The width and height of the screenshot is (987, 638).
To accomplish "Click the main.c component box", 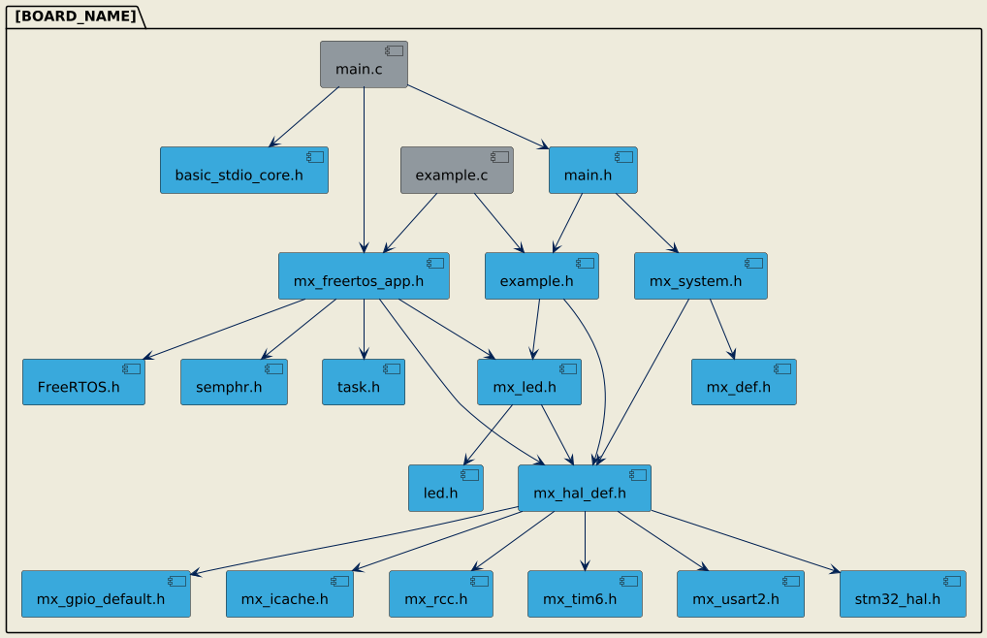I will (x=364, y=64).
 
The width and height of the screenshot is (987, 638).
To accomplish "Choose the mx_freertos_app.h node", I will (x=364, y=276).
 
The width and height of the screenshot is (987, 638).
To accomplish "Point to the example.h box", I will (x=541, y=276).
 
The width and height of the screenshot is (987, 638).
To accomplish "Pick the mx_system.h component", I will (x=700, y=276).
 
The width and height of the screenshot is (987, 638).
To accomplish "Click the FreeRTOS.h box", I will (x=83, y=382).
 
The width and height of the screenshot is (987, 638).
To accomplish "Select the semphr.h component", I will (x=234, y=382).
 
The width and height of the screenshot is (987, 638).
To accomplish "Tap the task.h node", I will (x=364, y=382).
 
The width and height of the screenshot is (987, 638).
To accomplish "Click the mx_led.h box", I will (x=529, y=382).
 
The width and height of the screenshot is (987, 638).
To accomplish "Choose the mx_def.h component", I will (x=744, y=382).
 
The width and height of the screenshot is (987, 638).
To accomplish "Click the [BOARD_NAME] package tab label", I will (x=75, y=16).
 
